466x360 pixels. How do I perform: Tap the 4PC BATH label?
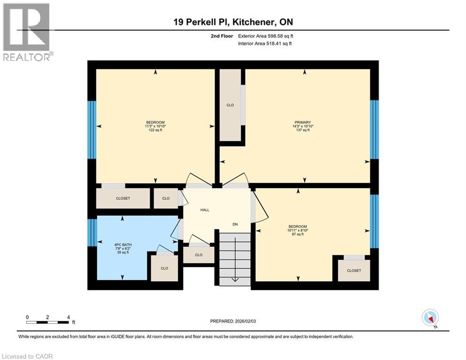tap(121, 244)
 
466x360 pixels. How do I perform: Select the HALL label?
tap(205, 210)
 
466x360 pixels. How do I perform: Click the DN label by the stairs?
tap(235, 225)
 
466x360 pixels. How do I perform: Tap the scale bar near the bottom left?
tap(48, 322)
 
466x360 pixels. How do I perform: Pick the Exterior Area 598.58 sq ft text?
tap(266, 36)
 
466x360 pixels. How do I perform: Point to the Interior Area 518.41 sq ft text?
tap(265, 44)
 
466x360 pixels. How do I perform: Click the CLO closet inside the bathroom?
tap(164, 269)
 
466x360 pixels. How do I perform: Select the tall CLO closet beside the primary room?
tap(230, 105)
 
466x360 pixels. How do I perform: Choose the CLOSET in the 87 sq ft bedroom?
tap(354, 270)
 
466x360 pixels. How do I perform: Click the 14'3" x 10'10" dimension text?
tap(303, 126)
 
